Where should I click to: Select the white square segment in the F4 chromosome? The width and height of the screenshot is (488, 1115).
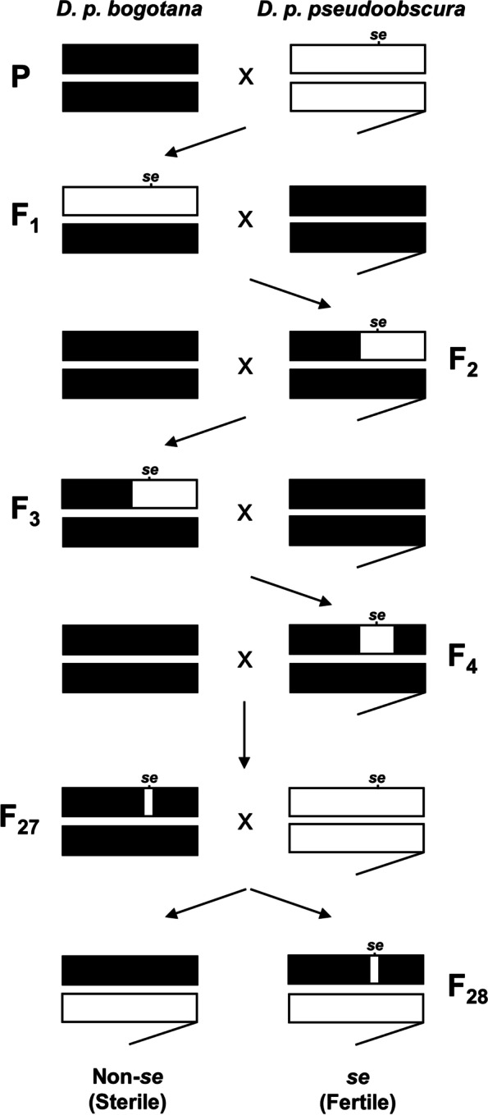tap(376, 638)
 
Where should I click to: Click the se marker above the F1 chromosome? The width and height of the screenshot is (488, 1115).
tap(150, 179)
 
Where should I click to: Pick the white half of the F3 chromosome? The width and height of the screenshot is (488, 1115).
tap(164, 494)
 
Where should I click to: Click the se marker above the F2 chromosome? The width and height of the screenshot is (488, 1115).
tap(378, 322)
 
